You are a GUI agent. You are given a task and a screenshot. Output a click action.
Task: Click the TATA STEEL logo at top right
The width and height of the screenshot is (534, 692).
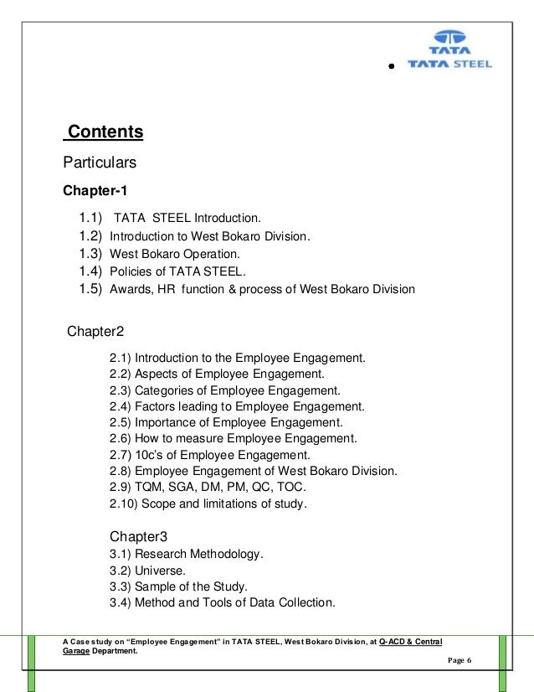point(449,49)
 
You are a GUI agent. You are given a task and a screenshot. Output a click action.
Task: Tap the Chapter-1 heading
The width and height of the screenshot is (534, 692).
point(95,190)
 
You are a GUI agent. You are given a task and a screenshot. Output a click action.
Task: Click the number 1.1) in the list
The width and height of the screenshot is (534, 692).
point(90,219)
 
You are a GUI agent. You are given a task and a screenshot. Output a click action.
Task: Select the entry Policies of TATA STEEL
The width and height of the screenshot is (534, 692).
point(178,271)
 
